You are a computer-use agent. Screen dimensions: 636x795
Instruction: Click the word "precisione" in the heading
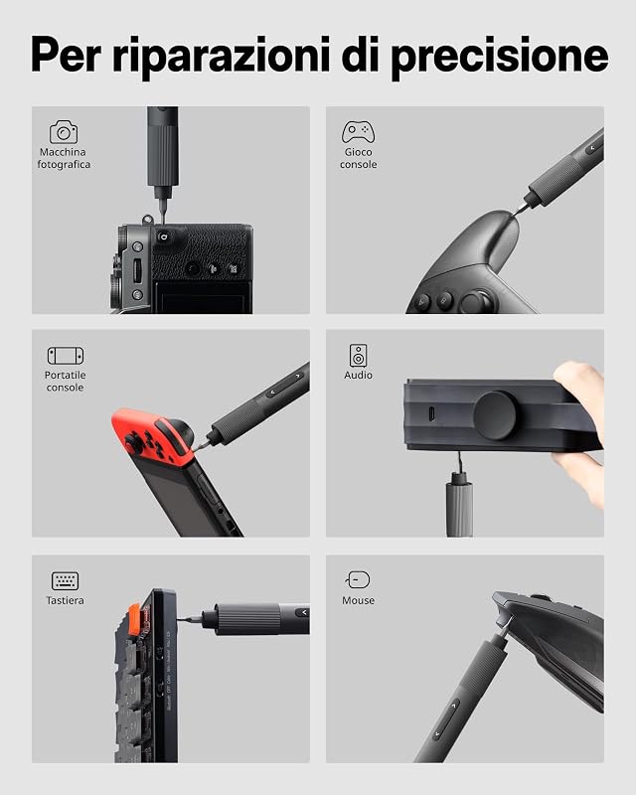click(500, 57)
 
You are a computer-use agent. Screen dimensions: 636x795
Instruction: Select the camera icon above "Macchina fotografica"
click(64, 132)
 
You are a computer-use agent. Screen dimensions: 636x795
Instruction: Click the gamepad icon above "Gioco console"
click(358, 132)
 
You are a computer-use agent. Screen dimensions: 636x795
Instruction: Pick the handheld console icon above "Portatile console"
click(66, 356)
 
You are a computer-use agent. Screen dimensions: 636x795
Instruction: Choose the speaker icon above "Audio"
click(358, 355)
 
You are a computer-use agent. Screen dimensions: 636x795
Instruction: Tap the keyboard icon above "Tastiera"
click(65, 580)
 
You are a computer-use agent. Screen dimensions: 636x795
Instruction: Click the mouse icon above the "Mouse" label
click(358, 580)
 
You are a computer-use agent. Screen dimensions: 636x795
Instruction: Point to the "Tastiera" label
click(65, 600)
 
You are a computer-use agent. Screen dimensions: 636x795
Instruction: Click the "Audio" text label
click(358, 376)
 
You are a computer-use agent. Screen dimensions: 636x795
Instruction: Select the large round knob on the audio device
click(495, 414)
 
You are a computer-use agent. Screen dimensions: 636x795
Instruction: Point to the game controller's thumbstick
click(476, 302)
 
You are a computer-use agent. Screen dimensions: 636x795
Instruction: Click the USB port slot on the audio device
click(431, 413)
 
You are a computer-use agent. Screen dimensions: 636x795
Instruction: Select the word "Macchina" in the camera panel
click(63, 152)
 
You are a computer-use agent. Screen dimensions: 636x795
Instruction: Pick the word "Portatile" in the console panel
click(65, 376)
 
